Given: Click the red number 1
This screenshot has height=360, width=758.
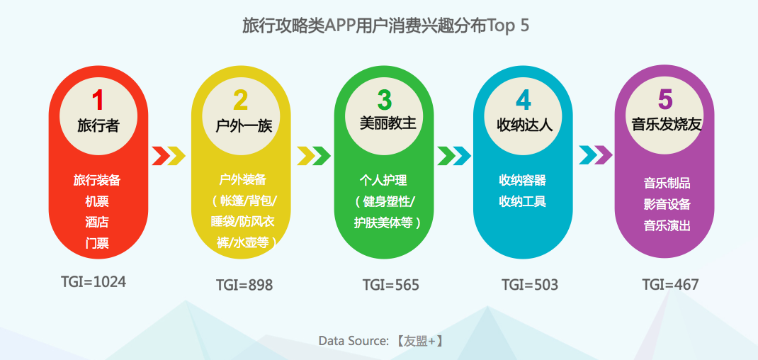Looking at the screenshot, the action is coord(98,100).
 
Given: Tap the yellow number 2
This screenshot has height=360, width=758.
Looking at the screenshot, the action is coord(241,100).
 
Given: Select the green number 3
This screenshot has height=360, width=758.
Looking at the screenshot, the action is coord(385,99).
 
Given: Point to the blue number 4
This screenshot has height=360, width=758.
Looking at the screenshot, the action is coord(523,100).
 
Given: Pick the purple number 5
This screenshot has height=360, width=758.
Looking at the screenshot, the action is coord(666,99).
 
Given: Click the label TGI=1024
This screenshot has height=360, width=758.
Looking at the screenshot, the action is coord(94,281).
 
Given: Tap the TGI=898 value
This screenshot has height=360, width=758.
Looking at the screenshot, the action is coord(244,285).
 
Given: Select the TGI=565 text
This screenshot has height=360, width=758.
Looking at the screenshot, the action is coord(390,285).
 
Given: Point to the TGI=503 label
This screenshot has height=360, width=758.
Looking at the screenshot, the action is coord(529,284).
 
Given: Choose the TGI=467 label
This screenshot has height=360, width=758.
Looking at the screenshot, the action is coord(670,284).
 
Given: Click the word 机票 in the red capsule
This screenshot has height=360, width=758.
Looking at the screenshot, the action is coord(97,201).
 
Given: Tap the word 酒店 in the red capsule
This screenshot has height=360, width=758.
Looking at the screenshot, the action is coord(97,222).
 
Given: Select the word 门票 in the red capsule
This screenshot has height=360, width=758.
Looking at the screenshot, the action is coord(97,243).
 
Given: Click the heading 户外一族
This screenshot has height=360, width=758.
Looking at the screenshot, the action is coord(244,126).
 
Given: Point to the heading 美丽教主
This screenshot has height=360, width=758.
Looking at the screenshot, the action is coord(388,123).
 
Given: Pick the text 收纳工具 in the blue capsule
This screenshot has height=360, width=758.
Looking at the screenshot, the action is coord(523,201).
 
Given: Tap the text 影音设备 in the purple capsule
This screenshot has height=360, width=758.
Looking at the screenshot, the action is coord(667,204).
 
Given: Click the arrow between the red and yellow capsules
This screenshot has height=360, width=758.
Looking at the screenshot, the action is coord(169,156).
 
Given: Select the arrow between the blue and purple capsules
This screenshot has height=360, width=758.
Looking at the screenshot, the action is coord(596,155).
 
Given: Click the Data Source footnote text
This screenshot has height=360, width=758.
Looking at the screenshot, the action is coord(381,341).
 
